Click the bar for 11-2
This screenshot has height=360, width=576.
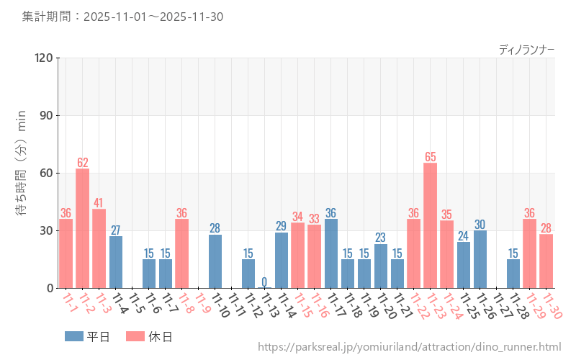click(x=83, y=228)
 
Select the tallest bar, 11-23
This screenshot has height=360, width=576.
click(x=431, y=225)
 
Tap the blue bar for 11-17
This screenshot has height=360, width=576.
click(x=331, y=253)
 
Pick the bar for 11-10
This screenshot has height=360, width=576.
click(x=215, y=261)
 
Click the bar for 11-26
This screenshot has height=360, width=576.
click(x=480, y=259)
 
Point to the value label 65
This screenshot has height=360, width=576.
click(x=431, y=157)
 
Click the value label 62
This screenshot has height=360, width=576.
click(x=83, y=163)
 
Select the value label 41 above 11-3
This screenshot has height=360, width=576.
click(x=99, y=203)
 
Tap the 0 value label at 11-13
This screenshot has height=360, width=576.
click(x=264, y=282)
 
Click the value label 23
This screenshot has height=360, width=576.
click(x=381, y=238)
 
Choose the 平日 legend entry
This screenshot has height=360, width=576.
click(x=87, y=336)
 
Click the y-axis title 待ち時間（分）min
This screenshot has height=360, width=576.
click(x=21, y=173)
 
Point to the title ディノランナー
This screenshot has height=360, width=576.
click(x=526, y=50)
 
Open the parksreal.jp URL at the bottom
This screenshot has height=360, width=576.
click(x=409, y=348)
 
